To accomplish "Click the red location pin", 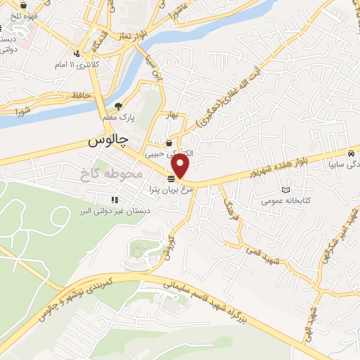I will pyautogui.click(x=181, y=166).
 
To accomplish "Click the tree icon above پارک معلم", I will pyautogui.click(x=117, y=105).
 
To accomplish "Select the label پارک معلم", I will pyautogui.click(x=117, y=116).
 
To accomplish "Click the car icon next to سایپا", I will pyautogui.click(x=351, y=154).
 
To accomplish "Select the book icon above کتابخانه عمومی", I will pyautogui.click(x=285, y=190).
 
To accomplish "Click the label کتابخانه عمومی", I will pyautogui.click(x=284, y=200).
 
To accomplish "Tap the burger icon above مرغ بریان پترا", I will pyautogui.click(x=171, y=178).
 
